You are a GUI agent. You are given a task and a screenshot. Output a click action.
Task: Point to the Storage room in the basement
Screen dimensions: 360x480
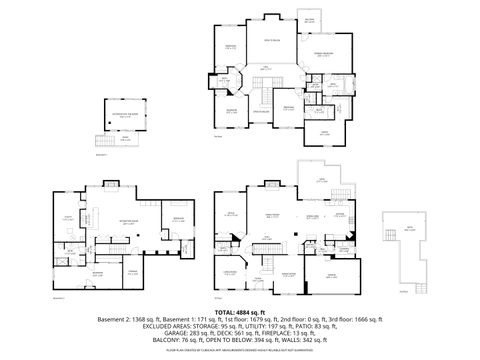[131, 271]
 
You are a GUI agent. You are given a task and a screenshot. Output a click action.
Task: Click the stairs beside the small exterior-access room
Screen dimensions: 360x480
[99, 140]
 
